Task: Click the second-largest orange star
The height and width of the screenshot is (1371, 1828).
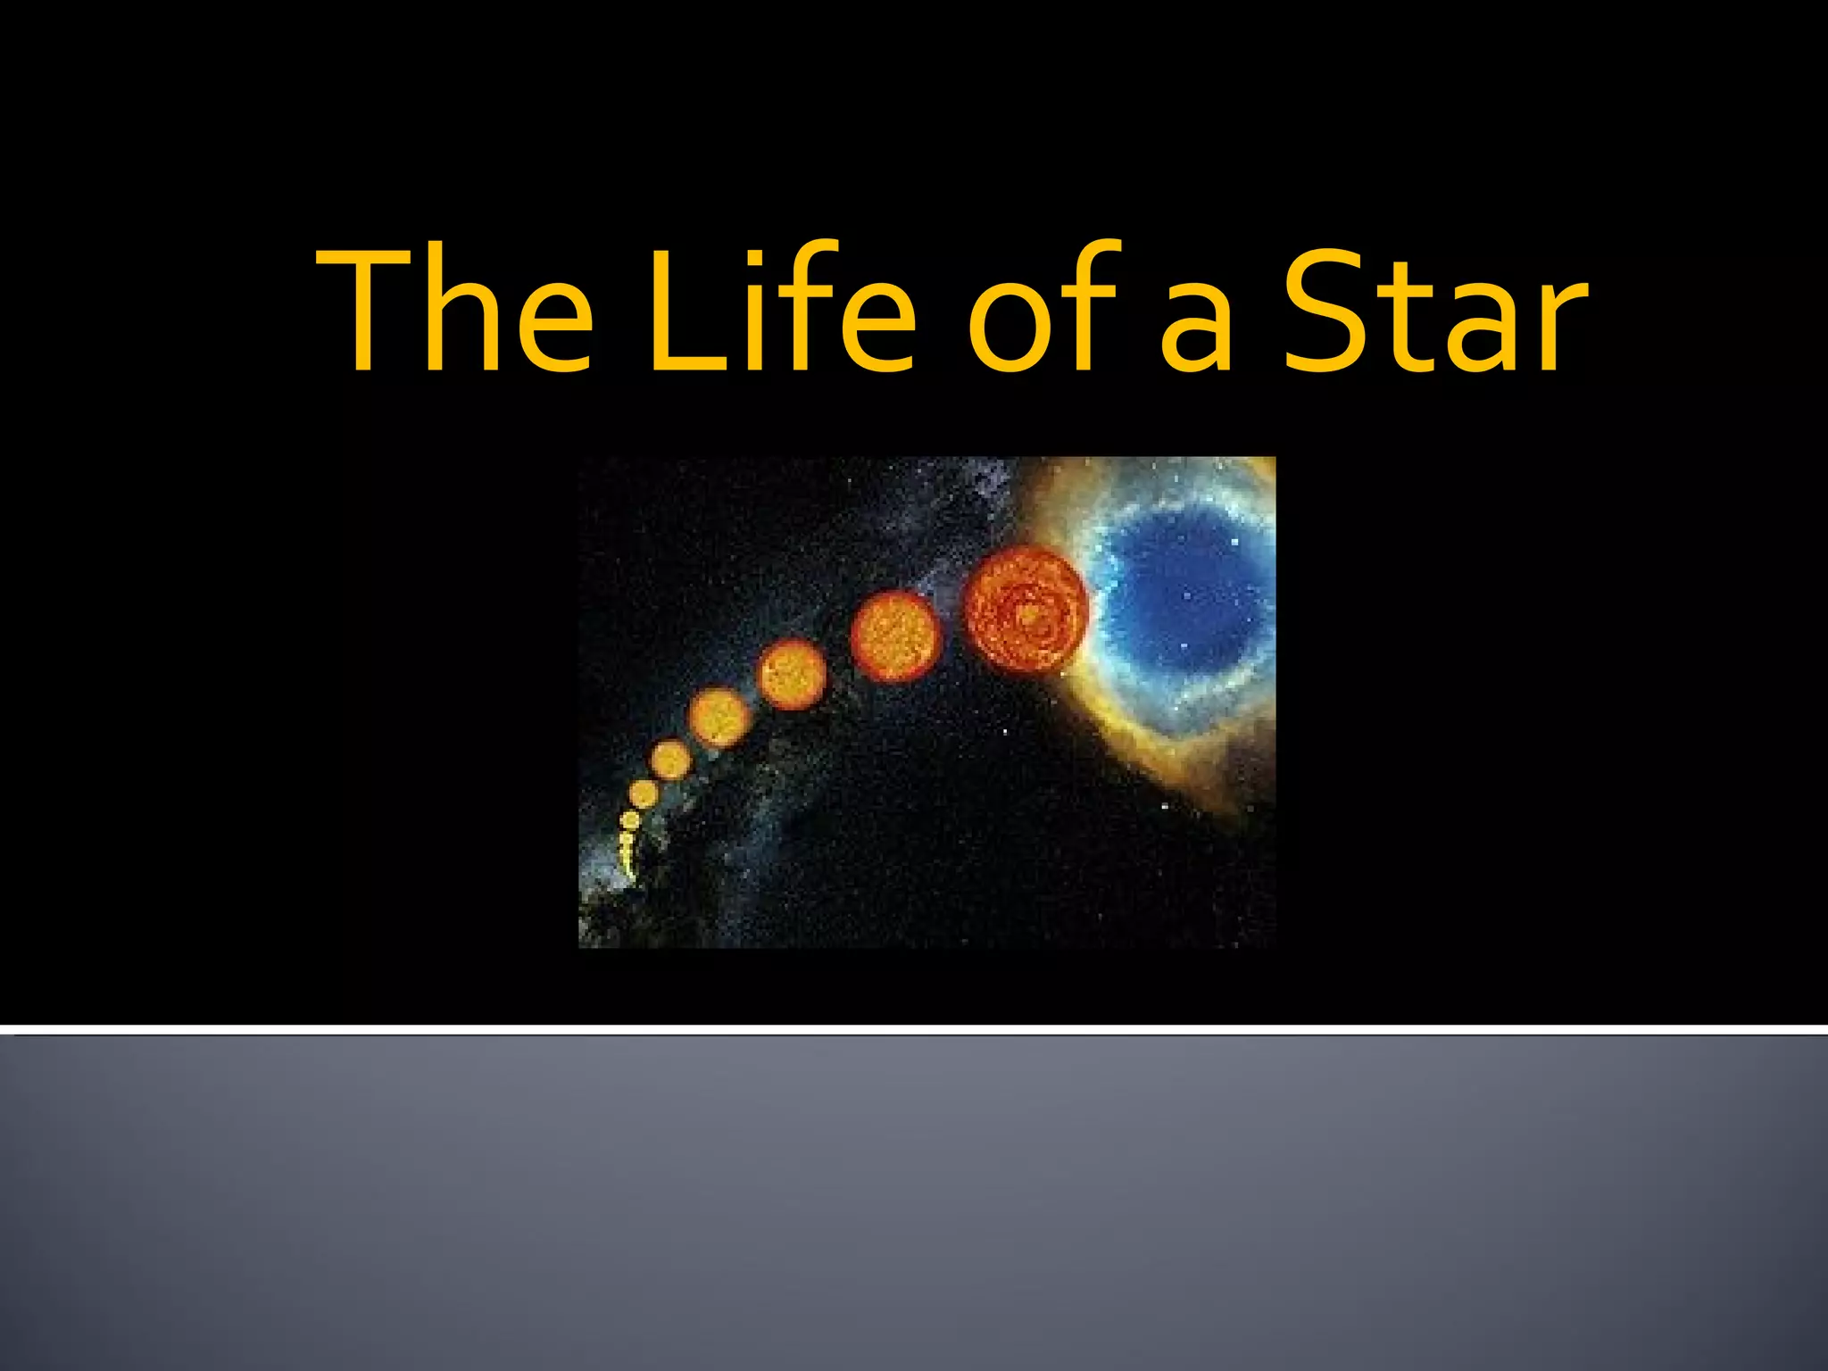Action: (894, 636)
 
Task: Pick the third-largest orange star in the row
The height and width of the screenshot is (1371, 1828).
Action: (792, 675)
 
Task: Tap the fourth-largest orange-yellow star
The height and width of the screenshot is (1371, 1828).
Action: (719, 717)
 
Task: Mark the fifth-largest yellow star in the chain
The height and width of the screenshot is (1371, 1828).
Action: (669, 760)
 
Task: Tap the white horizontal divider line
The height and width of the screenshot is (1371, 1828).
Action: (914, 1030)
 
